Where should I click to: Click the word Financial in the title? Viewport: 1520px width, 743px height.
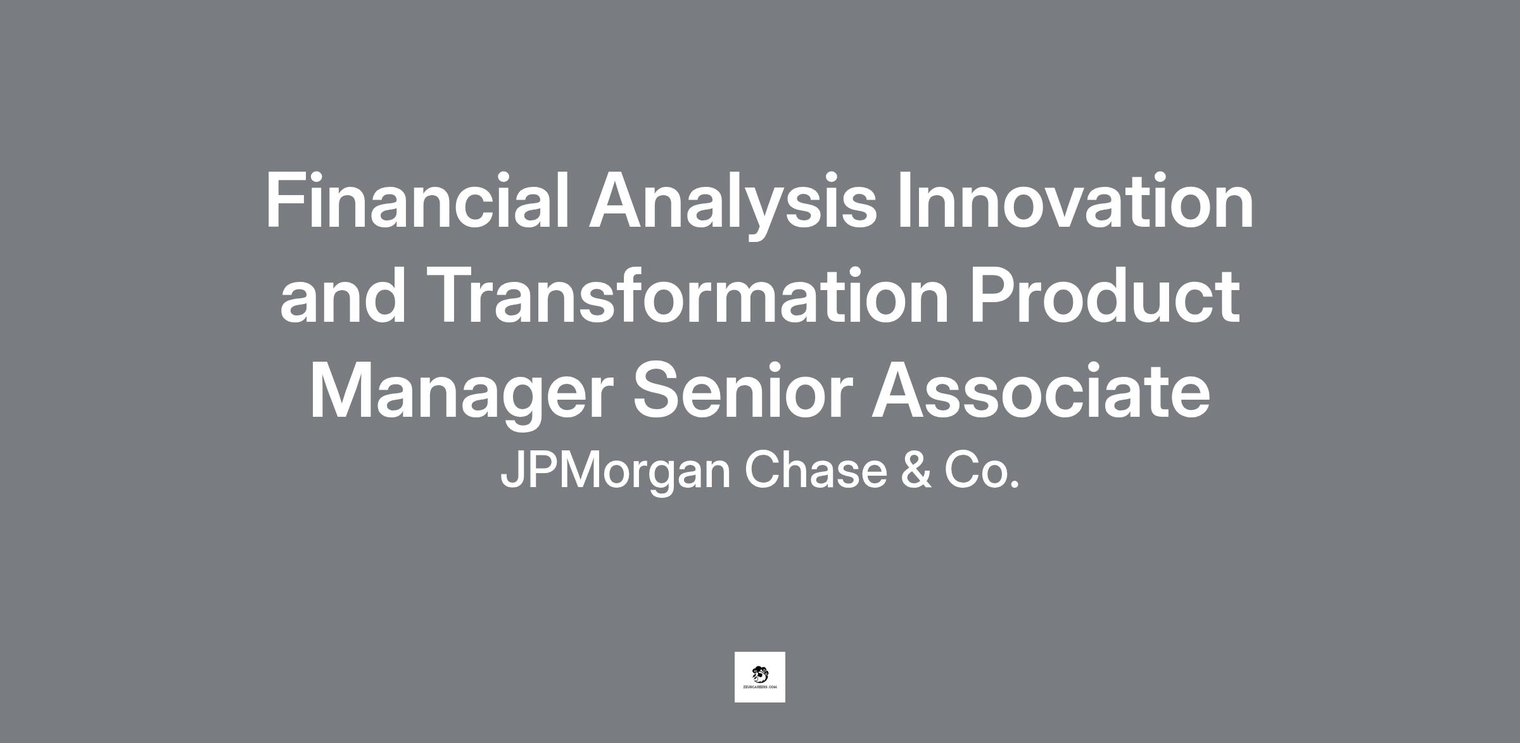[418, 200]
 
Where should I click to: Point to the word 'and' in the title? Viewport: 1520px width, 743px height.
[342, 295]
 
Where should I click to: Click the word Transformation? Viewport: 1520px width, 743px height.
[688, 295]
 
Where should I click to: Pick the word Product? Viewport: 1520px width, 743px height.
[1105, 295]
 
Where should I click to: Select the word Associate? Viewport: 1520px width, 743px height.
[1041, 390]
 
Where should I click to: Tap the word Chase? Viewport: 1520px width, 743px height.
[816, 469]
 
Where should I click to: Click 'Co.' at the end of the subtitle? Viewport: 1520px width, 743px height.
[982, 469]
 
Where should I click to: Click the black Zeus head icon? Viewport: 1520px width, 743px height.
[760, 674]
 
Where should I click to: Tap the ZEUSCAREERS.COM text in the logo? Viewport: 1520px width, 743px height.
[760, 687]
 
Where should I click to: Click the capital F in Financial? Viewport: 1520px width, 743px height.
[287, 200]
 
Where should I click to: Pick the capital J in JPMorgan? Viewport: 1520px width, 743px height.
[512, 470]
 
